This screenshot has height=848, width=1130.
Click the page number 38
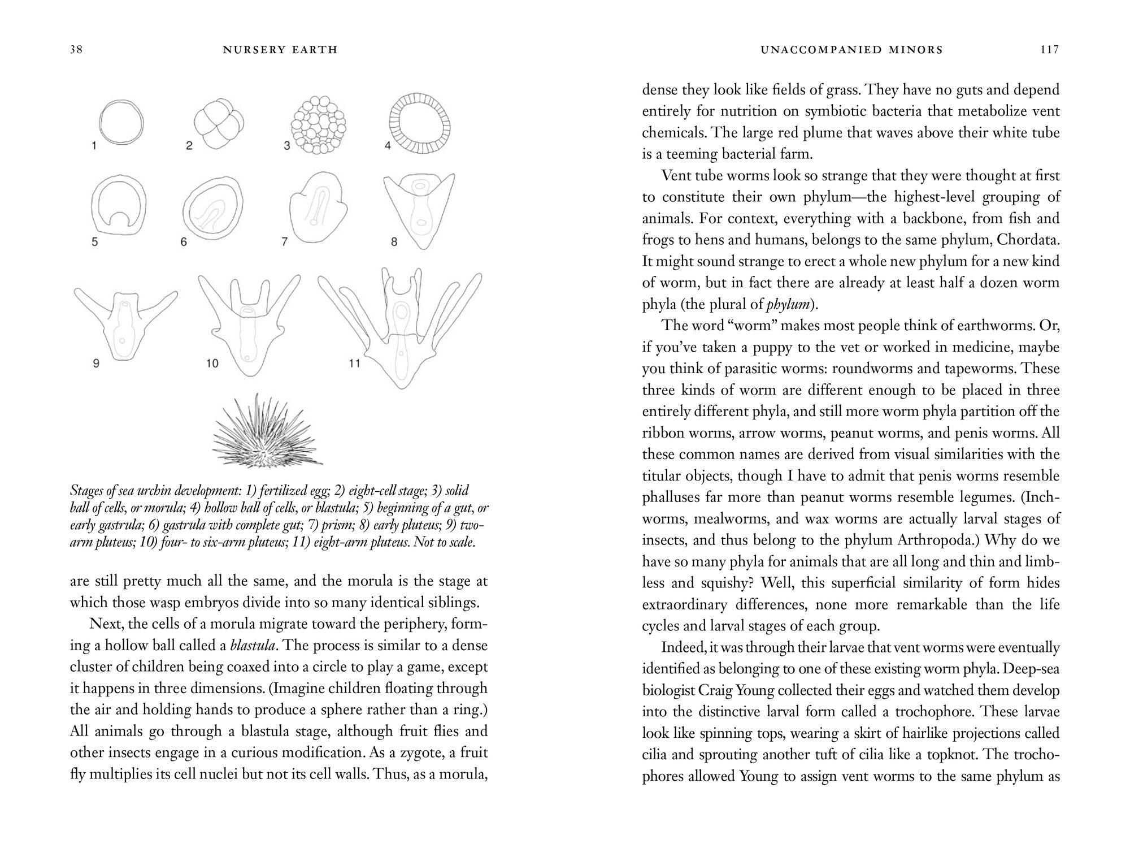pos(76,50)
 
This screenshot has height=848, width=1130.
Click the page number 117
pos(1049,50)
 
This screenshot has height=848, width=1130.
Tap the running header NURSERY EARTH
pos(280,50)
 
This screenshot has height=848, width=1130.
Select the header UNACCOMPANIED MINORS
pos(851,50)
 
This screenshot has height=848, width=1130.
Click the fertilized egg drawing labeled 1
pos(121,123)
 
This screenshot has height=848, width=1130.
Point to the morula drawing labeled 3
pos(318,125)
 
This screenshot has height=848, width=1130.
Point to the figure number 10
pos(212,364)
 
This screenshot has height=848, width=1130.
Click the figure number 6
pos(184,242)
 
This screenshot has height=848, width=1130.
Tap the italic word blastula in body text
pos(253,646)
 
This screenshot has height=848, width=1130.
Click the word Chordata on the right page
pos(1028,240)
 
